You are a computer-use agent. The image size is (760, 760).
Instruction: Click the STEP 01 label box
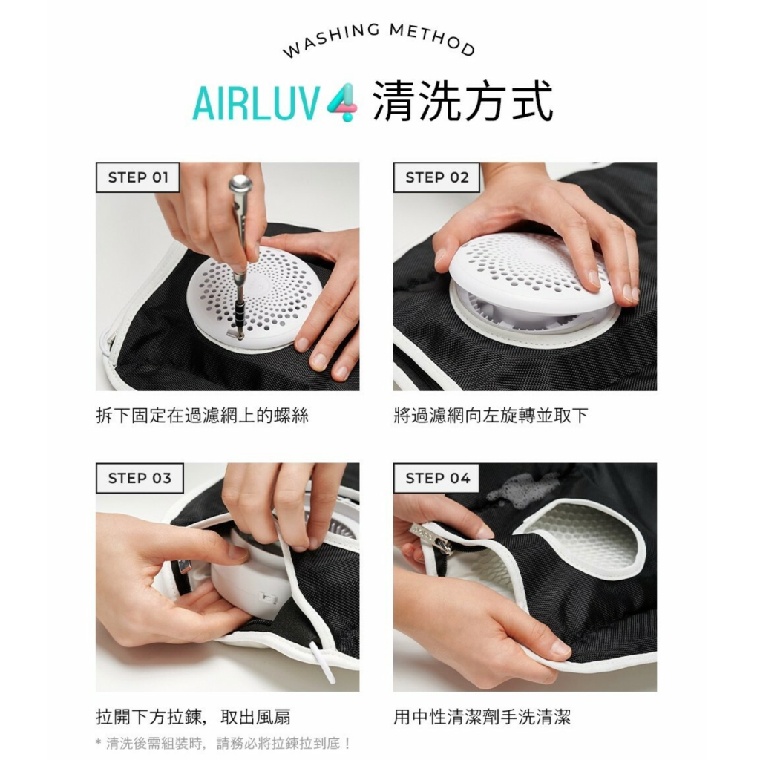point(137,177)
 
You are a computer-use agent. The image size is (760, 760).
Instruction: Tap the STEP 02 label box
point(436,177)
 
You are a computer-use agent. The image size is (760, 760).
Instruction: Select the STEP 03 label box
point(140,479)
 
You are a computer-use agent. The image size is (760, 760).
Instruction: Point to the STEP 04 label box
point(436,479)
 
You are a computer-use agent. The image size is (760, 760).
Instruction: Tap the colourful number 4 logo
point(342,102)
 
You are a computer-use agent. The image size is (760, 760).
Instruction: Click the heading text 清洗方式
point(463,102)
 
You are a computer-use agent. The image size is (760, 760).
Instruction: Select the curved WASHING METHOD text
point(378,39)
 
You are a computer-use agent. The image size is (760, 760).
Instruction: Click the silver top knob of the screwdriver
point(240,183)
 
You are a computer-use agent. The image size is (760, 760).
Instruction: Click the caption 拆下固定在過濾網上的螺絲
point(202,416)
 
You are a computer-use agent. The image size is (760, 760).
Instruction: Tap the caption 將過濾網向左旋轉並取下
point(491,416)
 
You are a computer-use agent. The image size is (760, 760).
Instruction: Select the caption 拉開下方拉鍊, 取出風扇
point(194,717)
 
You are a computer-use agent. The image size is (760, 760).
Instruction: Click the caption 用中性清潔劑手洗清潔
point(482,717)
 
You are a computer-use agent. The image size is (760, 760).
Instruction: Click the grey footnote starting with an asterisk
point(223,743)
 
